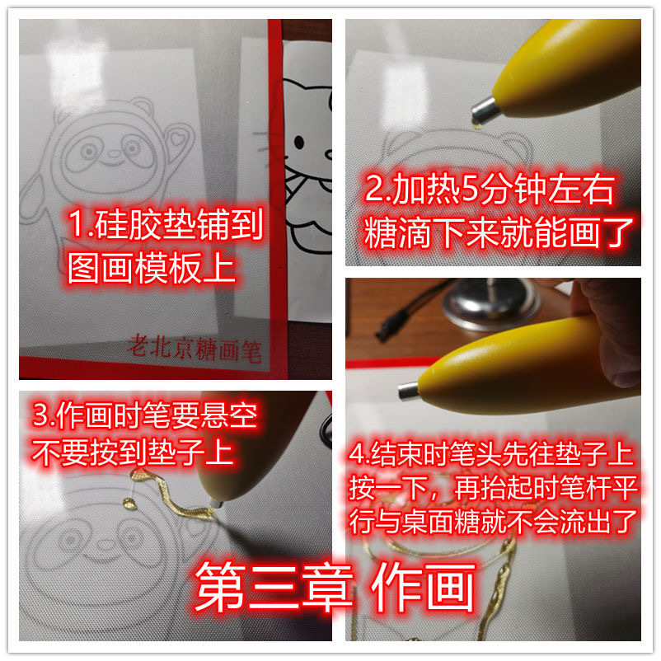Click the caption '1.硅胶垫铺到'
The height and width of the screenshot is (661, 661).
(165, 224)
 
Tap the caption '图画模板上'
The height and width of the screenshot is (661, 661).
(151, 268)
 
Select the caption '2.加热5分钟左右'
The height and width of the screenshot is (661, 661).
(489, 190)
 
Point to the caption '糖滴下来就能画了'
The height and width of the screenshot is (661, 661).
(499, 232)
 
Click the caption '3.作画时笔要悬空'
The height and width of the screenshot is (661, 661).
(144, 415)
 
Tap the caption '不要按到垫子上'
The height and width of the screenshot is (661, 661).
(133, 452)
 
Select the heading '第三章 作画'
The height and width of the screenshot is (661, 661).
(335, 587)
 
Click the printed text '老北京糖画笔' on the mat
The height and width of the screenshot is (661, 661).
(195, 349)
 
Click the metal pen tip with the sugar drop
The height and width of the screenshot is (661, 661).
(485, 112)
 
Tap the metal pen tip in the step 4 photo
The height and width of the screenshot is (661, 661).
(408, 391)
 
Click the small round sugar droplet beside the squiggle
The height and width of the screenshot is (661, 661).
(129, 504)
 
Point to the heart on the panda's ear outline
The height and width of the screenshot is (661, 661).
(177, 138)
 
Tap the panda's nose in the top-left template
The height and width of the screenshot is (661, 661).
(114, 153)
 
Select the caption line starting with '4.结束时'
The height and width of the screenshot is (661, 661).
(491, 454)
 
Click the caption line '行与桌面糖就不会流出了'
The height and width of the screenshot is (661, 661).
(492, 521)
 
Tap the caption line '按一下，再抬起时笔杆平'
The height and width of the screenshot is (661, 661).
(493, 488)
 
